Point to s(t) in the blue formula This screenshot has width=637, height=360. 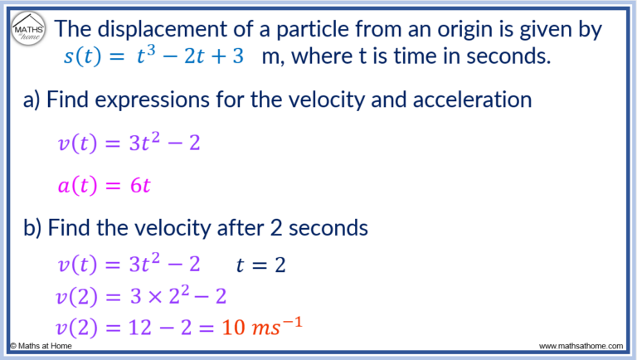pyautogui.click(x=79, y=59)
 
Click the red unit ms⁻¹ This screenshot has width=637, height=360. pyautogui.click(x=275, y=325)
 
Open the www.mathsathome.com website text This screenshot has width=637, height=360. pyautogui.click(x=582, y=346)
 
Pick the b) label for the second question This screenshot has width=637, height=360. pyautogui.click(x=33, y=226)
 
